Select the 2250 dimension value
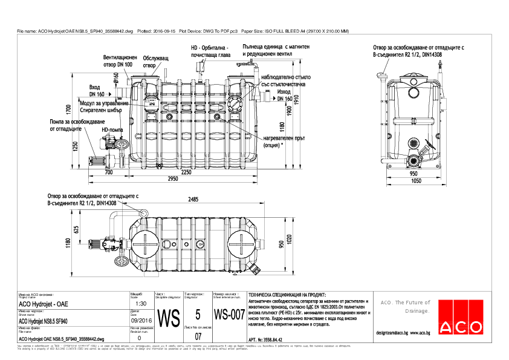(186, 172)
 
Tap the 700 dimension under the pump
(109, 172)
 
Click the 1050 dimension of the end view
(414, 180)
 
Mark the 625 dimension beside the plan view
(76, 230)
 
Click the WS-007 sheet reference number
(230, 315)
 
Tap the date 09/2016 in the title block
(141, 321)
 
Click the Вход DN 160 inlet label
(97, 91)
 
